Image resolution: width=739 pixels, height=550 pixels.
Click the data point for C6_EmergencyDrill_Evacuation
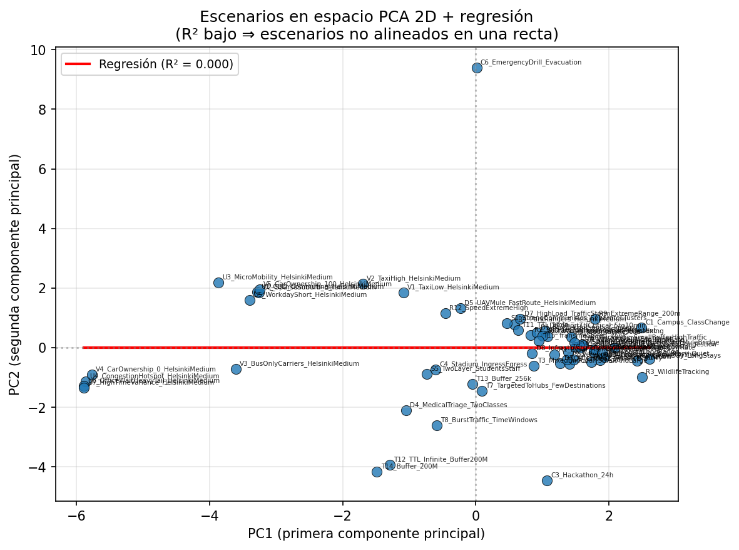click(477, 68)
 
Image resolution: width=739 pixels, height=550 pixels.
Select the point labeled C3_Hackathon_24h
click(547, 480)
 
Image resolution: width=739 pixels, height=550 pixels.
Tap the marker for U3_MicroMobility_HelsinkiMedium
click(218, 283)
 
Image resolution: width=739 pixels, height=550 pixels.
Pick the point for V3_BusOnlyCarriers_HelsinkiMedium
click(236, 369)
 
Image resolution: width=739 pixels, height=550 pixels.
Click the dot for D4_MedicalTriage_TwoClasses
click(406, 410)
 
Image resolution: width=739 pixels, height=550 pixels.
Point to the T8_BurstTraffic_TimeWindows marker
click(437, 425)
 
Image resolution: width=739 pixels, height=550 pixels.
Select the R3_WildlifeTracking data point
click(642, 377)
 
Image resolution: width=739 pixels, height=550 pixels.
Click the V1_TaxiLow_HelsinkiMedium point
click(404, 293)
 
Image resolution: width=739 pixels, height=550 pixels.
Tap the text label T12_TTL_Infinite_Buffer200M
click(441, 459)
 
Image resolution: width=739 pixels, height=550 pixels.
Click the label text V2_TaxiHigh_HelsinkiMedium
click(413, 279)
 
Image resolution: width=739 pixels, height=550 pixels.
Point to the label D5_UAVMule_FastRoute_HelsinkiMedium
click(529, 303)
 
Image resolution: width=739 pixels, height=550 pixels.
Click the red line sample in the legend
click(78, 64)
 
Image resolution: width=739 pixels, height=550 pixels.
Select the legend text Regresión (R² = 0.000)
click(166, 64)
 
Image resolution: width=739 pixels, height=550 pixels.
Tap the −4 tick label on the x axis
click(210, 515)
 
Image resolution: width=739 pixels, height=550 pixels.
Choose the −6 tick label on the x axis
click(76, 515)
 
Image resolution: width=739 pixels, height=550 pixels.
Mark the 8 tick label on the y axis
click(45, 110)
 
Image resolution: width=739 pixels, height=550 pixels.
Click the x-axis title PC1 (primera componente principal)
click(366, 534)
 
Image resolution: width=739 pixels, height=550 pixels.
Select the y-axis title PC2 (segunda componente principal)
click(15, 274)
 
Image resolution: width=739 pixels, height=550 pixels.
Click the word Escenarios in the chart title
click(228, 17)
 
